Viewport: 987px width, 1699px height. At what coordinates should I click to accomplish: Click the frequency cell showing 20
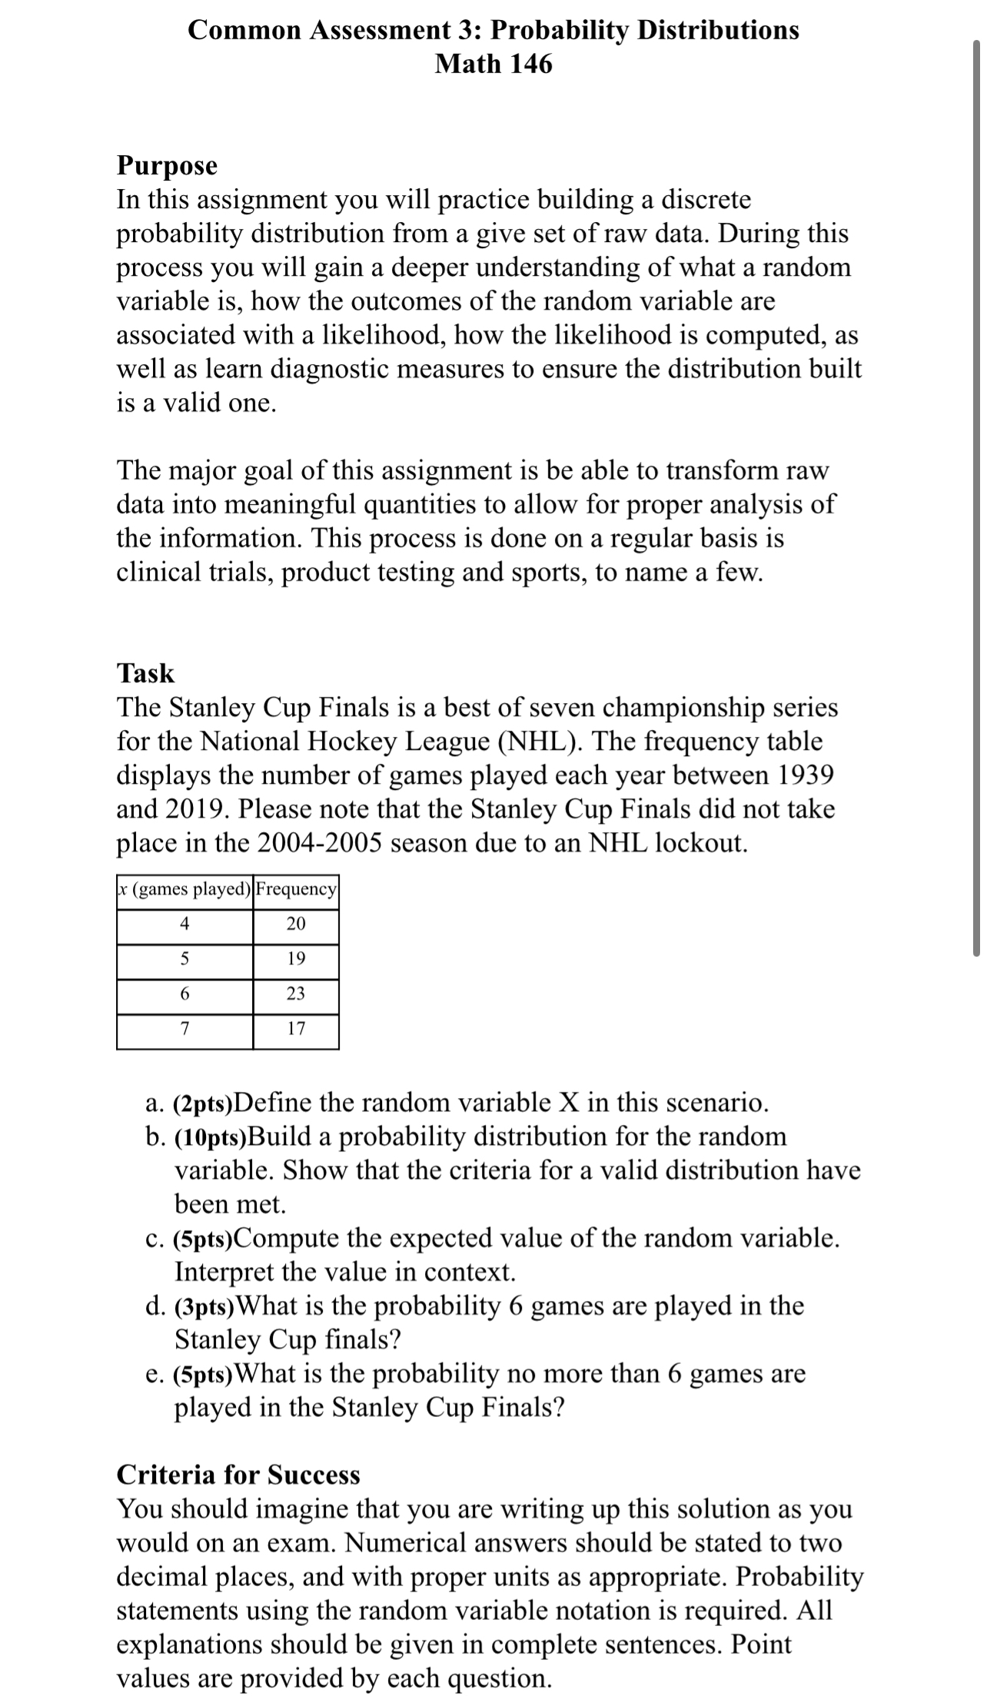pyautogui.click(x=296, y=924)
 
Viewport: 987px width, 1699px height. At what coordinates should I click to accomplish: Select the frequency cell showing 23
pyautogui.click(x=296, y=994)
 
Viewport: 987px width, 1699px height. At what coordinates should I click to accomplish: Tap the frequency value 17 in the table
pyautogui.click(x=296, y=1028)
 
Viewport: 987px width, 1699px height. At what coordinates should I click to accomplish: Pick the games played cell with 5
pyautogui.click(x=184, y=958)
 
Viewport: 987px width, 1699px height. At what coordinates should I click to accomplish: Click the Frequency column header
pyautogui.click(x=296, y=889)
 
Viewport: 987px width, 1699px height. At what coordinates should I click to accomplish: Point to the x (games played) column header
pyautogui.click(x=184, y=889)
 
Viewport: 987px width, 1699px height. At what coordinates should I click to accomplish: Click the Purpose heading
pyautogui.click(x=167, y=165)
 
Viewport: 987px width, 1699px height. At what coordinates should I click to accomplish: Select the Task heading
pyautogui.click(x=145, y=673)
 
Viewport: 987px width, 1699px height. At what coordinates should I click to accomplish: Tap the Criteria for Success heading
pyautogui.click(x=238, y=1475)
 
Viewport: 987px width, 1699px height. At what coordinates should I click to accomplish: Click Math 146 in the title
pyautogui.click(x=493, y=64)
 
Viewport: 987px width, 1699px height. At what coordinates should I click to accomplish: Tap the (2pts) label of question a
pyautogui.click(x=204, y=1104)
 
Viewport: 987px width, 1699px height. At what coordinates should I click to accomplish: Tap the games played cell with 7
pyautogui.click(x=184, y=1028)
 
